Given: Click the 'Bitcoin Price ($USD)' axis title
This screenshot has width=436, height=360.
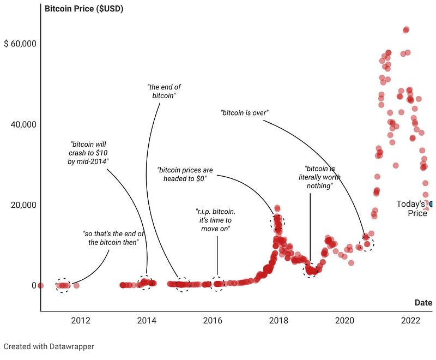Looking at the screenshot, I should [84, 9].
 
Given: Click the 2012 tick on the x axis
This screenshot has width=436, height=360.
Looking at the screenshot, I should [80, 320].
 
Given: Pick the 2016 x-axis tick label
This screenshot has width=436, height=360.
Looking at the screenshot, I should [213, 320].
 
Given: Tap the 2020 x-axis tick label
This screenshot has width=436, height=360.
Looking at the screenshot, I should [345, 320].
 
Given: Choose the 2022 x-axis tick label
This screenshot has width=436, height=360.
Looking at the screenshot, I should [411, 320].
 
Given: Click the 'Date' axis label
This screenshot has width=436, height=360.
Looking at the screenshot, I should [423, 303].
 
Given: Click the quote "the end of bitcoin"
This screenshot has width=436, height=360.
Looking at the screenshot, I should [165, 91].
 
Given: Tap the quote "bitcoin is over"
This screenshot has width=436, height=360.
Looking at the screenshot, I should [245, 113].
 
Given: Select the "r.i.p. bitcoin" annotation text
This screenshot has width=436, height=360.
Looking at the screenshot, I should [217, 220].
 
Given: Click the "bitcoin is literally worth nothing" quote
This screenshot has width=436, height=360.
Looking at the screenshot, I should [319, 177].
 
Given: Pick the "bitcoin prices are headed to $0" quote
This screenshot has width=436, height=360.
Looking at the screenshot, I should [185, 173].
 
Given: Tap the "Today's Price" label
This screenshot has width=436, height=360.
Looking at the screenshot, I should [413, 208].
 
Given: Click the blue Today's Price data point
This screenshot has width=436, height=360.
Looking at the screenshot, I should [432, 205].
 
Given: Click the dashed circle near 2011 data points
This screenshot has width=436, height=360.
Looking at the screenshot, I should [63, 285].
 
